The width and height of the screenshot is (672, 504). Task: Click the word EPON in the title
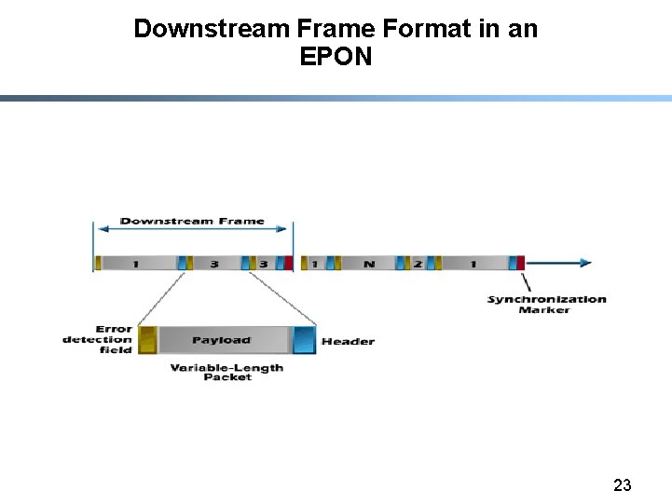coord(336,57)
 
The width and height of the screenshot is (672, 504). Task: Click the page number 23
coord(623,484)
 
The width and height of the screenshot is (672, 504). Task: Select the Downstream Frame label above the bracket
coord(192,222)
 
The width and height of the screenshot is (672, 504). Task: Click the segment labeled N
coord(369,264)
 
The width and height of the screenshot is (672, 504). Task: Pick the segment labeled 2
coord(418,264)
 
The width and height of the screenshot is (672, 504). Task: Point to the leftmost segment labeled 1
coord(136,264)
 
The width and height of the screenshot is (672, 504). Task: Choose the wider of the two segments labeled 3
coord(214,264)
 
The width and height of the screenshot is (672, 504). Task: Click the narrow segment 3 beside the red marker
coord(263,264)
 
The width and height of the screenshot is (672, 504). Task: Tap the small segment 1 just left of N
coord(315,264)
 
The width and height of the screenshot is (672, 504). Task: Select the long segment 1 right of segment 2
coord(473,264)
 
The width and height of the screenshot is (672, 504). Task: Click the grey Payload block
coord(223,340)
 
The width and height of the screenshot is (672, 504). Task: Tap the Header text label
coord(348,342)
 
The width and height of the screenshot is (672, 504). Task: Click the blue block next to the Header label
coord(305,340)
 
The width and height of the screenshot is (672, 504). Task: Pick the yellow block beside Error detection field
coord(147,340)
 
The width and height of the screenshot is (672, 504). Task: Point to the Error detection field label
coord(98,339)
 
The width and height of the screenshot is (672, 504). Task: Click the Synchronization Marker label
coord(546,304)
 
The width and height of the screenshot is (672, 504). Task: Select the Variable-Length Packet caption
coord(226,372)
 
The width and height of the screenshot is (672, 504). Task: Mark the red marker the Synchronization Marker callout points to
coord(520,263)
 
